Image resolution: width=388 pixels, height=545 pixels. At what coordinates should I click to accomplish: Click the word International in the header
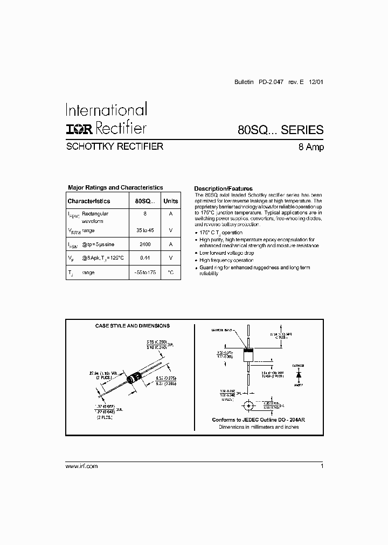(106, 110)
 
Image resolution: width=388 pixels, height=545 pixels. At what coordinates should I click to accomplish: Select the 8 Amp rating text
(311, 147)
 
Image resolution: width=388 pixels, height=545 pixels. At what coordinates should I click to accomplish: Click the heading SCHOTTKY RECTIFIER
(114, 146)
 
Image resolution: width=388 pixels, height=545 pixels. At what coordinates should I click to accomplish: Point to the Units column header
(170, 201)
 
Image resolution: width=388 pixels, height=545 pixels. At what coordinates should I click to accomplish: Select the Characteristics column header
(88, 201)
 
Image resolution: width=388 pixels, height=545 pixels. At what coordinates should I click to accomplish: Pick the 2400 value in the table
(144, 244)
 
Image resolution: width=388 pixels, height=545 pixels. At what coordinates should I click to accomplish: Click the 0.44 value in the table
(144, 258)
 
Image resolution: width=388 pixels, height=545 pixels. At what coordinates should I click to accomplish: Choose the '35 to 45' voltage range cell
(144, 230)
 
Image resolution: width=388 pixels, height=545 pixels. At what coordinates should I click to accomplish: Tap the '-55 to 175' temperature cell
(144, 272)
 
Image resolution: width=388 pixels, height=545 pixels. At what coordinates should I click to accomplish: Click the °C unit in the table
(170, 272)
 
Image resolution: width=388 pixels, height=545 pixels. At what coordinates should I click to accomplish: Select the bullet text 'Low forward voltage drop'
(226, 253)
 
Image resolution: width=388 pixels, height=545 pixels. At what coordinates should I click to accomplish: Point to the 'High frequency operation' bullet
(226, 260)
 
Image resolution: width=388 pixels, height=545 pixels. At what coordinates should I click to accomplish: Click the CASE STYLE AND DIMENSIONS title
(132, 326)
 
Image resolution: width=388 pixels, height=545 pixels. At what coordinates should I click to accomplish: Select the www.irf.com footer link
(81, 466)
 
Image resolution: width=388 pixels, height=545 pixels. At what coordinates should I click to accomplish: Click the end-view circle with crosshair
(249, 405)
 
